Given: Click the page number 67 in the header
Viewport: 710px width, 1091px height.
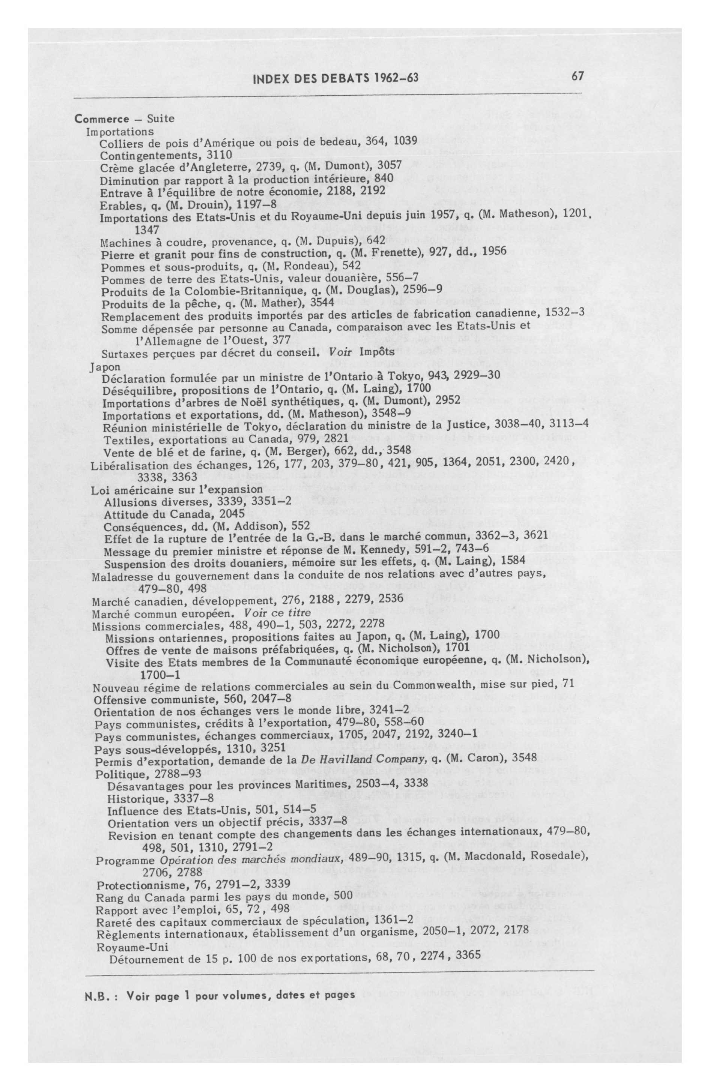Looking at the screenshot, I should [x=577, y=76].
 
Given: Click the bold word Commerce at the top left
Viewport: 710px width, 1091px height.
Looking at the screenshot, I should [x=102, y=118].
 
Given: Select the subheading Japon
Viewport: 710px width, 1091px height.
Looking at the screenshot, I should [x=105, y=367].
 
